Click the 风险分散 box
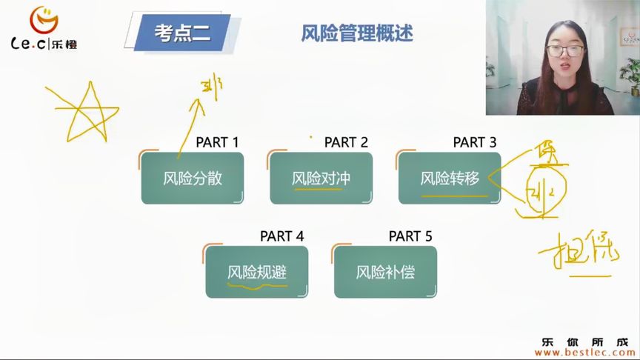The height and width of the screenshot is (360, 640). (x=193, y=178)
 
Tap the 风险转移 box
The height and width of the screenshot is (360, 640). (x=450, y=178)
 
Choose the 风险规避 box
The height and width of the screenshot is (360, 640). (x=256, y=272)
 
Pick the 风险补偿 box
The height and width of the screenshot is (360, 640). (x=385, y=272)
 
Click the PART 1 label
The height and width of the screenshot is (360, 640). (x=217, y=142)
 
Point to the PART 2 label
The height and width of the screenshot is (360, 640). (x=346, y=142)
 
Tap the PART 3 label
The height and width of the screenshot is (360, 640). (x=475, y=142)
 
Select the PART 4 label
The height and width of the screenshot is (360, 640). (x=281, y=236)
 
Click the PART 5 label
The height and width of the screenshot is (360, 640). (x=410, y=236)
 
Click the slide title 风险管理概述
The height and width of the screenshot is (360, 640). (x=357, y=33)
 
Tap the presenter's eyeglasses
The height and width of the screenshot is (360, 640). (x=564, y=50)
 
